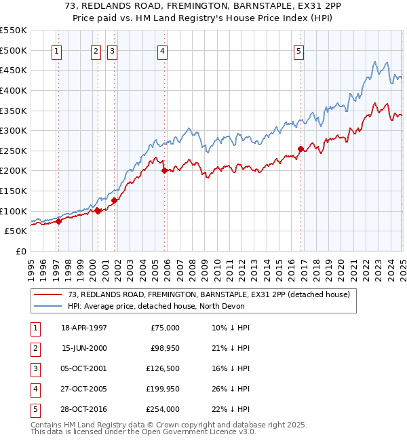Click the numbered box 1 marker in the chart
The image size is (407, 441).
[56, 50]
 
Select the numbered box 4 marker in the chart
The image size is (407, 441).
[163, 50]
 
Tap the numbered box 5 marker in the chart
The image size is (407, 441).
[299, 50]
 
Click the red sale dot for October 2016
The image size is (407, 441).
[301, 149]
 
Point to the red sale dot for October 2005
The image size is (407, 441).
[164, 171]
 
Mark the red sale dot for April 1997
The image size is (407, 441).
[59, 220]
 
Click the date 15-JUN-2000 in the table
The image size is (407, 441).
[83, 348]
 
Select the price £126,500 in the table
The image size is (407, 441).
[163, 368]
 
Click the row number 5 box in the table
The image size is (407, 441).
[35, 409]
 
